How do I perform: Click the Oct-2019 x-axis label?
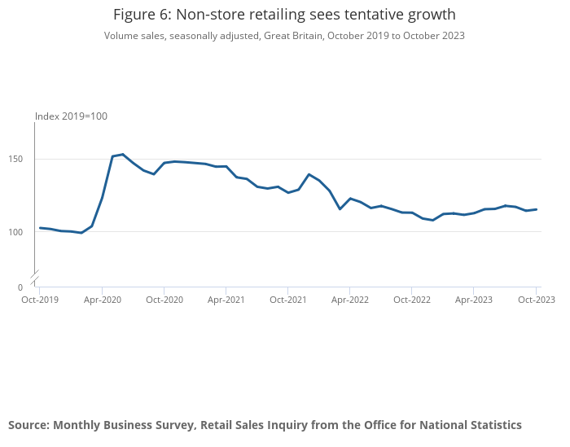40,300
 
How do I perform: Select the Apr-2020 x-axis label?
102,300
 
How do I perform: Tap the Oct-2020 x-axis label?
164,300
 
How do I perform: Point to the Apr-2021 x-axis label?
226,300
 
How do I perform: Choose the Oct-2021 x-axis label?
288,300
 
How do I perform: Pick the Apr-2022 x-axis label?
349,300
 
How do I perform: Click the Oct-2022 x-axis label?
412,300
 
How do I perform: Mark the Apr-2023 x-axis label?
474,300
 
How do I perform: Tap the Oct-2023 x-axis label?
536,300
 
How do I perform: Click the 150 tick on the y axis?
15,159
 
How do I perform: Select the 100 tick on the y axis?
15,232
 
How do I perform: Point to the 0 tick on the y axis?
20,287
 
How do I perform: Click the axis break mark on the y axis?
34,278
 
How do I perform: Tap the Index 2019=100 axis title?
72,116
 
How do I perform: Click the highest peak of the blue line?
123,155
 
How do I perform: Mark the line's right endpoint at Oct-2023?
536,209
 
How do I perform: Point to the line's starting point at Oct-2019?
40,228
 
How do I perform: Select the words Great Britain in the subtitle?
293,36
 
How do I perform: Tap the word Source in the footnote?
29,425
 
